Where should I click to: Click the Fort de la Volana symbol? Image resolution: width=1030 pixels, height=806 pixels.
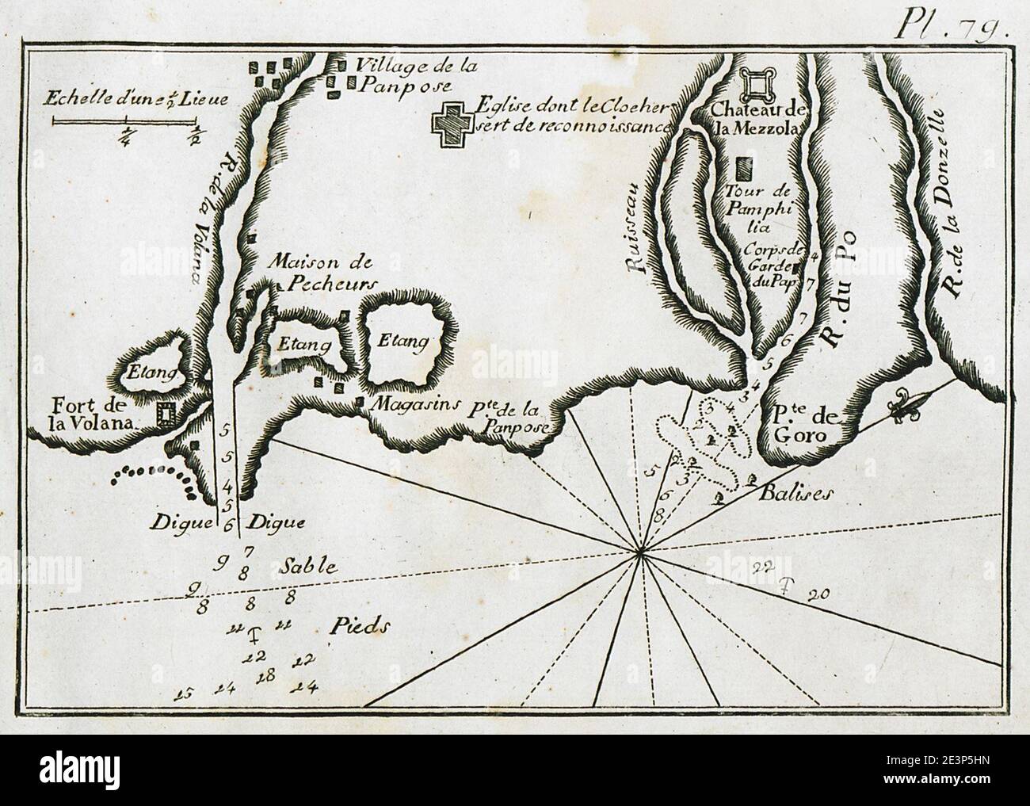pos(166,414)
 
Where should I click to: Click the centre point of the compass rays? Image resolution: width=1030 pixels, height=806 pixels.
pos(640,552)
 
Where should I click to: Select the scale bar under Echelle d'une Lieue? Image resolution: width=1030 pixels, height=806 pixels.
pos(124,122)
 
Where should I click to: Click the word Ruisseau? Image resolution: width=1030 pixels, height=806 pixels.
pos(639,227)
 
